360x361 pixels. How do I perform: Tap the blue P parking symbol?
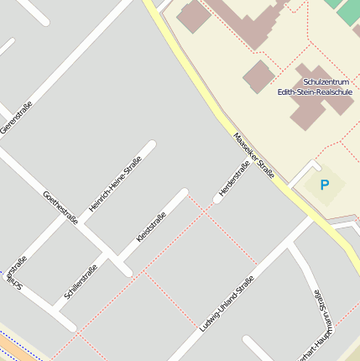tap(325, 185)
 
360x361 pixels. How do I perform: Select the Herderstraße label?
tap(234, 179)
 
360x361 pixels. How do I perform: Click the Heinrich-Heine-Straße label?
tap(115, 183)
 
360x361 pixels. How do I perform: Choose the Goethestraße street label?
tap(60, 207)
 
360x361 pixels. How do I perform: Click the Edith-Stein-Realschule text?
tap(315, 92)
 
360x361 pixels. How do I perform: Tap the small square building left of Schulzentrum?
tap(258, 76)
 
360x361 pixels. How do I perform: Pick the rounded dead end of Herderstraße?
tap(218, 199)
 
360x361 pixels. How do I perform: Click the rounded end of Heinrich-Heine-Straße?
tap(151, 145)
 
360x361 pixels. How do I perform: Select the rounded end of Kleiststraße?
tap(183, 193)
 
